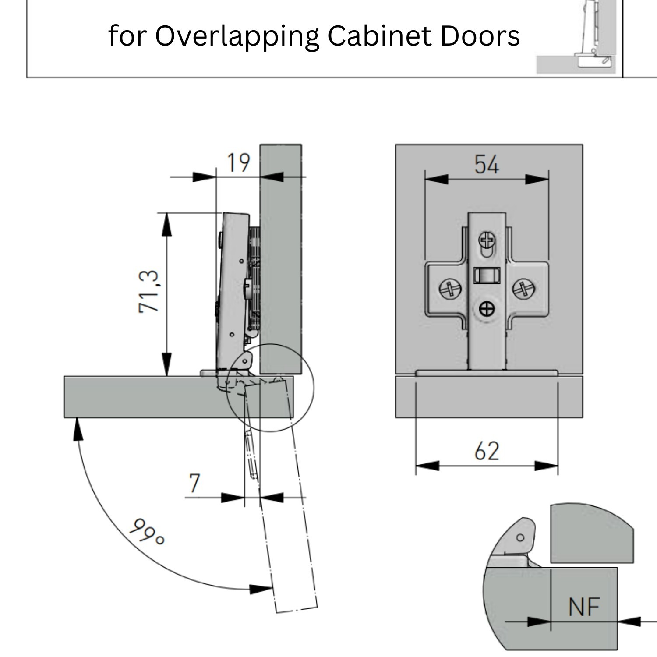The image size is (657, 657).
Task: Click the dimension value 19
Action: [238, 163]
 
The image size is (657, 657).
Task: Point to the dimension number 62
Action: [487, 451]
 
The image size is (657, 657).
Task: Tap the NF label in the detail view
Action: [584, 608]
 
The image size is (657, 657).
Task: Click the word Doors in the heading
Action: [480, 36]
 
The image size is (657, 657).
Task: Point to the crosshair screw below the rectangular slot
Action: [487, 309]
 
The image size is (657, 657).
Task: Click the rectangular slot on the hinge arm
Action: [486, 276]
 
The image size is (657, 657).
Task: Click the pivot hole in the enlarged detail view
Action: [520, 538]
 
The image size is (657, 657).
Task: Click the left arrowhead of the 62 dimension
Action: [426, 466]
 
